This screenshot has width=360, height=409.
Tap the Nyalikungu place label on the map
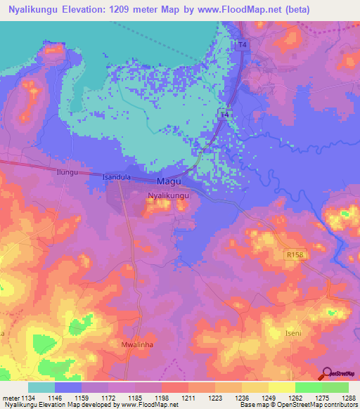coord(168,197)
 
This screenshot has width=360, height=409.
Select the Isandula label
coord(117,178)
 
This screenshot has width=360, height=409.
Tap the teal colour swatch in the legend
coord(41,387)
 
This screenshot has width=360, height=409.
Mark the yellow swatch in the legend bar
coord(281,387)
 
